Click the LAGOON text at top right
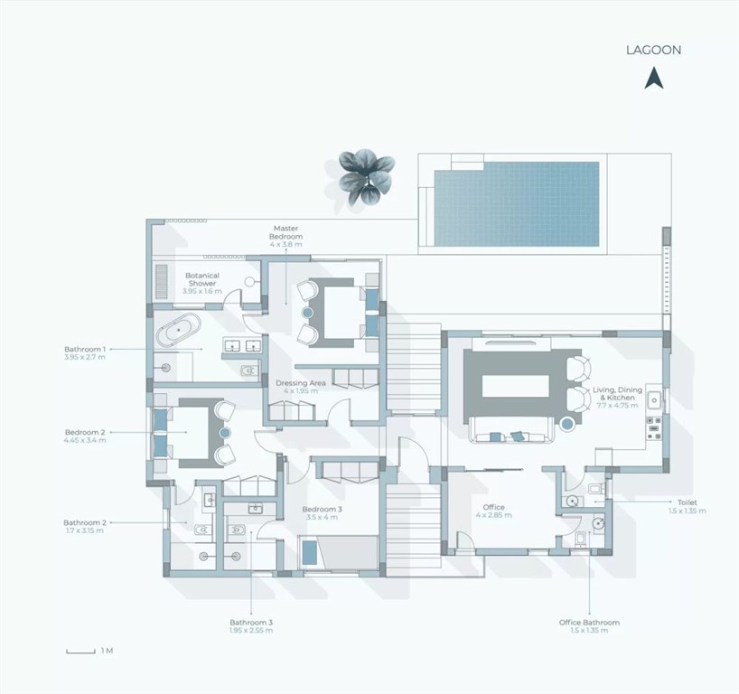[653, 50]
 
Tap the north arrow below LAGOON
[654, 79]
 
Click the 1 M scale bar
[80, 652]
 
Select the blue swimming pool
[517, 203]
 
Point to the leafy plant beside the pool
[366, 177]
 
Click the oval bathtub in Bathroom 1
[179, 330]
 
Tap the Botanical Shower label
[202, 279]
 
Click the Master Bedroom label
[286, 232]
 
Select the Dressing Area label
[301, 383]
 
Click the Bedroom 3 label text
[323, 509]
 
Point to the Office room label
[494, 507]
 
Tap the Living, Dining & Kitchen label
[617, 394]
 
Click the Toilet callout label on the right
[688, 502]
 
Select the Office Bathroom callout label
[589, 623]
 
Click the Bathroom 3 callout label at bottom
[251, 623]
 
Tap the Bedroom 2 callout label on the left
[85, 432]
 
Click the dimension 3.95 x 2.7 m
[85, 357]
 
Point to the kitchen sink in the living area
[654, 400]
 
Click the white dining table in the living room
[516, 387]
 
